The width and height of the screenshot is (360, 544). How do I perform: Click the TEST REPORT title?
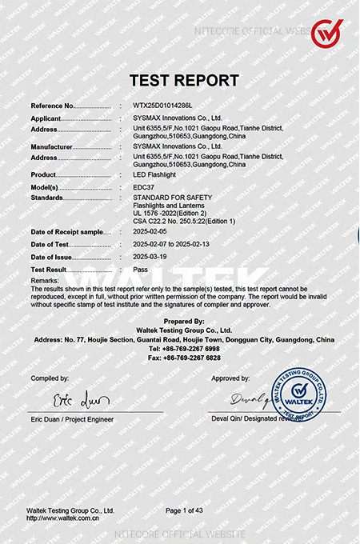point(184,81)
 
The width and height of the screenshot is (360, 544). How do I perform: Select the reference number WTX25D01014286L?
point(163,106)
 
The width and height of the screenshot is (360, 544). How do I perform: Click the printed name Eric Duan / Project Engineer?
point(72,419)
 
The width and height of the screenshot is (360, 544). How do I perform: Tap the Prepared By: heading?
point(183,321)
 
